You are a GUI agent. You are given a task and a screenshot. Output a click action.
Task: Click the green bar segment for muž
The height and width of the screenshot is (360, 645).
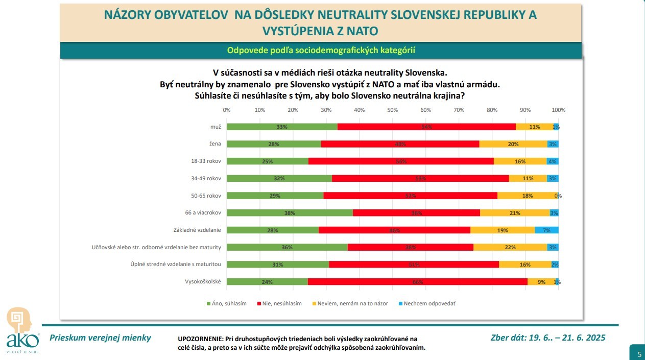coord(282,127)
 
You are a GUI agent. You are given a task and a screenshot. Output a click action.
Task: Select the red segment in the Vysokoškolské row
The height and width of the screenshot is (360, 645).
coord(417,281)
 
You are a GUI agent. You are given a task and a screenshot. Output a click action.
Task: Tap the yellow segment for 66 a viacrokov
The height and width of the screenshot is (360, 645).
coord(515,213)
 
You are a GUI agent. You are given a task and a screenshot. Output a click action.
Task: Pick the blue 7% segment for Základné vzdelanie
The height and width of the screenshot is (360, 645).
coord(546,230)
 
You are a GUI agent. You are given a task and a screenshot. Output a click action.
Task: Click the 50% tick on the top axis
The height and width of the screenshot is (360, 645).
coord(392,110)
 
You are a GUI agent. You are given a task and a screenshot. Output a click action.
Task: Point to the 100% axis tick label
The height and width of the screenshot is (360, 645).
coord(558,110)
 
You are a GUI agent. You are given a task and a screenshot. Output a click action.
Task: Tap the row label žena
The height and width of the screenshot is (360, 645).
coord(215,144)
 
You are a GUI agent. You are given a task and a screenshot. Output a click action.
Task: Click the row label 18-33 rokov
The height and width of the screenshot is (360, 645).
coord(205,161)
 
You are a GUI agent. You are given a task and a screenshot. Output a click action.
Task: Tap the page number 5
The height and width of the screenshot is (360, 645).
coord(639,353)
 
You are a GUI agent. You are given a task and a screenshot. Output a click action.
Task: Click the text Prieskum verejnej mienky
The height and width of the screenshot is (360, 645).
coord(100,337)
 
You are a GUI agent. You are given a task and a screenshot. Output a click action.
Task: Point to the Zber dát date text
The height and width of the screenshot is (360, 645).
coord(547,337)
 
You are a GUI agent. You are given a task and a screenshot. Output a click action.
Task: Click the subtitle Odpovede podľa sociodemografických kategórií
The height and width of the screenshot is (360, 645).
coord(321,50)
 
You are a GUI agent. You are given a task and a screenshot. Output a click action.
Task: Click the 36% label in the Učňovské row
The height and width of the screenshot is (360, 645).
coord(287,247)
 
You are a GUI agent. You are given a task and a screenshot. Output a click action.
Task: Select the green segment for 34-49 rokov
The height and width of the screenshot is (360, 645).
coord(279,178)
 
